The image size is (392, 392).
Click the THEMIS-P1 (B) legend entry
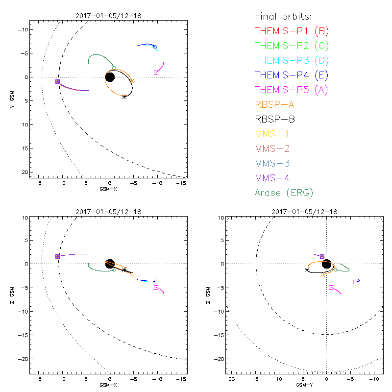tap(292, 31)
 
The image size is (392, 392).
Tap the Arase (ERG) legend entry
tap(284, 193)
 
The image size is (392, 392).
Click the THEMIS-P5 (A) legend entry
tap(292, 90)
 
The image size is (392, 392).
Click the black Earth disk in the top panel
tap(110, 77)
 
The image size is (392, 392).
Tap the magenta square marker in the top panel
tap(156, 73)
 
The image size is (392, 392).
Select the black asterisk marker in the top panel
tap(124, 97)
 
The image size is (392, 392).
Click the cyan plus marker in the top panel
tap(157, 50)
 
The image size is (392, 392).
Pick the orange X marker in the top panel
tap(132, 80)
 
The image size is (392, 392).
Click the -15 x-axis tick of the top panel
tap(181, 183)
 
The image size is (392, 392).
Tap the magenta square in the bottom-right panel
tap(331, 288)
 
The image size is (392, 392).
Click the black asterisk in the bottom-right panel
tap(307, 269)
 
